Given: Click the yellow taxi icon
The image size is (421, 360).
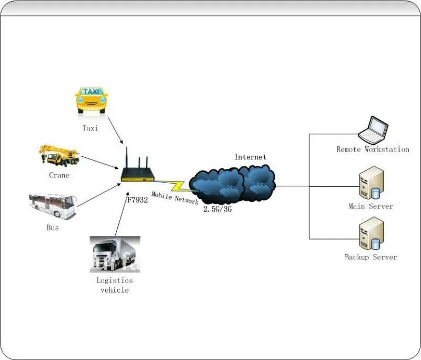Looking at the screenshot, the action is click(91, 100).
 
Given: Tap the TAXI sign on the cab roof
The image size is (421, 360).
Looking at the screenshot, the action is click(91, 92).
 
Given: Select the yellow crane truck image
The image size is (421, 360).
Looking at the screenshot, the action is click(59, 155).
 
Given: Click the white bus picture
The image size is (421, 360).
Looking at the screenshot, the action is click(53, 205).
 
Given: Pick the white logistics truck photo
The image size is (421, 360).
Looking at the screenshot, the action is click(115, 254).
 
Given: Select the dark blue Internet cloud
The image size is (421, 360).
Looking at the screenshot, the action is click(232, 185).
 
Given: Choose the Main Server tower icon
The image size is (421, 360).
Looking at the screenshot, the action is click(372, 183).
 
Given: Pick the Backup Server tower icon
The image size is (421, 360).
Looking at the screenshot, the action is click(372, 234).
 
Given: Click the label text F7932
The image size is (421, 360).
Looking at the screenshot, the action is click(137, 199).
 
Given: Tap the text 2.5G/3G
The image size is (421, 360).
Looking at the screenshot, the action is click(217, 209).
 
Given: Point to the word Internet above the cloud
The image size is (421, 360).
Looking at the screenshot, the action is click(250, 157).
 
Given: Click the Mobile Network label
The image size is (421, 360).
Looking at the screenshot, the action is click(175, 197).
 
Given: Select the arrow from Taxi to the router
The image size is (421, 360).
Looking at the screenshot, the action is click(115, 130).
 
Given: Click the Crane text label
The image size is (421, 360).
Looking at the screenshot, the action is click(59, 175).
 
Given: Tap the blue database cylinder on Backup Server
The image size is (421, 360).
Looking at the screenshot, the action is click(376, 244).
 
